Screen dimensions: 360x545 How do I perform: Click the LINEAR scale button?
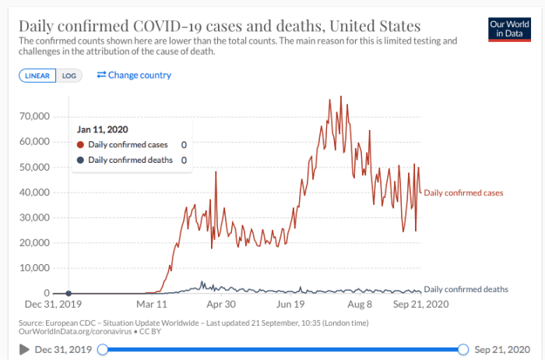coord(37,76)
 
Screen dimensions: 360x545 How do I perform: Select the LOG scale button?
coord(70,76)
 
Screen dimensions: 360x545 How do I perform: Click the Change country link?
coord(134,75)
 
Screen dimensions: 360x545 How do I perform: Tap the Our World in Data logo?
coord(508,30)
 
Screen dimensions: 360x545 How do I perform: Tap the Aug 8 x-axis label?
coord(358,304)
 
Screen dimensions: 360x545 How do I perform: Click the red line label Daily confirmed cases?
coord(463,192)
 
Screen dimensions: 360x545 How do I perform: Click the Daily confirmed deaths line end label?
coord(466,289)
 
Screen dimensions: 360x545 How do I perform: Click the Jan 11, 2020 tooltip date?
coord(103,129)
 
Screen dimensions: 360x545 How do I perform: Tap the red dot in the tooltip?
coord(81,145)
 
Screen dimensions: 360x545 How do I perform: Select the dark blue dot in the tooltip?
coord(81,160)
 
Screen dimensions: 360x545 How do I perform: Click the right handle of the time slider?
coord(464,349)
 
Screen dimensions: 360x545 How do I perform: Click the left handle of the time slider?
coord(103,349)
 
